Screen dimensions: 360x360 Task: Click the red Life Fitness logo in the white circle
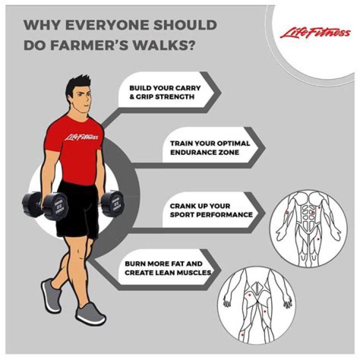click(x=315, y=33)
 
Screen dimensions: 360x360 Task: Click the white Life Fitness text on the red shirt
click(x=81, y=137)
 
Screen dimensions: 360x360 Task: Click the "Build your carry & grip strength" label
click(x=165, y=92)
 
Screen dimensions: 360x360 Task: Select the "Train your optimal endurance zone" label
click(x=210, y=147)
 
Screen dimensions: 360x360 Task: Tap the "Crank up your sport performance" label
click(x=211, y=210)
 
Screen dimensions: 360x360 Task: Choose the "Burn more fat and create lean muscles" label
click(x=168, y=268)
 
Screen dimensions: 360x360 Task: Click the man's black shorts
click(x=78, y=210)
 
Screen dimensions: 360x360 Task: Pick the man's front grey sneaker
click(x=90, y=313)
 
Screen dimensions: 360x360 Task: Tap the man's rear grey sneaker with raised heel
click(x=51, y=295)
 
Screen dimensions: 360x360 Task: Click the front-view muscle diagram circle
click(x=308, y=228)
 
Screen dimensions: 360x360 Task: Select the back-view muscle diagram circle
click(x=256, y=305)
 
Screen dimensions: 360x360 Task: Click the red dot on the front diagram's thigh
click(x=318, y=239)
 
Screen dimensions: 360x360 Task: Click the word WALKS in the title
click(x=164, y=45)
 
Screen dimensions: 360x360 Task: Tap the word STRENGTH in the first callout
click(x=174, y=96)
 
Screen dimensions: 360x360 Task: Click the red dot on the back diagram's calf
click(x=242, y=334)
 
